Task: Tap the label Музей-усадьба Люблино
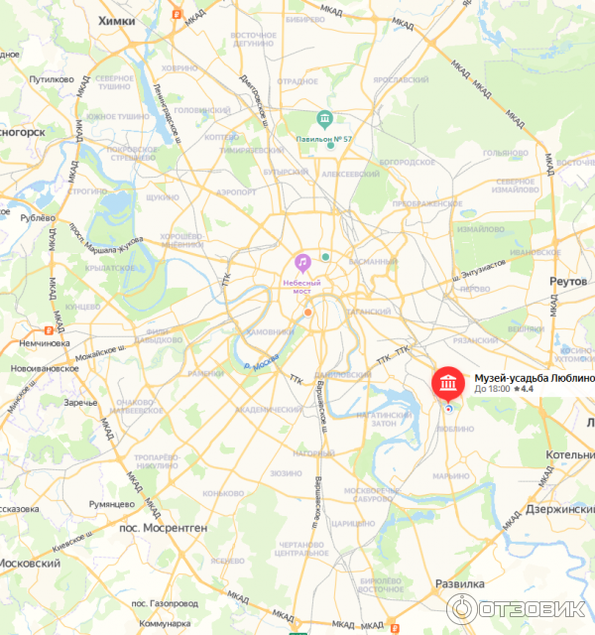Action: pyautogui.click(x=534, y=378)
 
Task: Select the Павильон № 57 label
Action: pyautogui.click(x=324, y=139)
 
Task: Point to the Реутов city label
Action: pyautogui.click(x=571, y=282)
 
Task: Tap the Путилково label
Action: pyautogui.click(x=53, y=79)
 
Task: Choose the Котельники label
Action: pyautogui.click(x=570, y=454)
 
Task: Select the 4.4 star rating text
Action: pyautogui.click(x=526, y=389)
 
